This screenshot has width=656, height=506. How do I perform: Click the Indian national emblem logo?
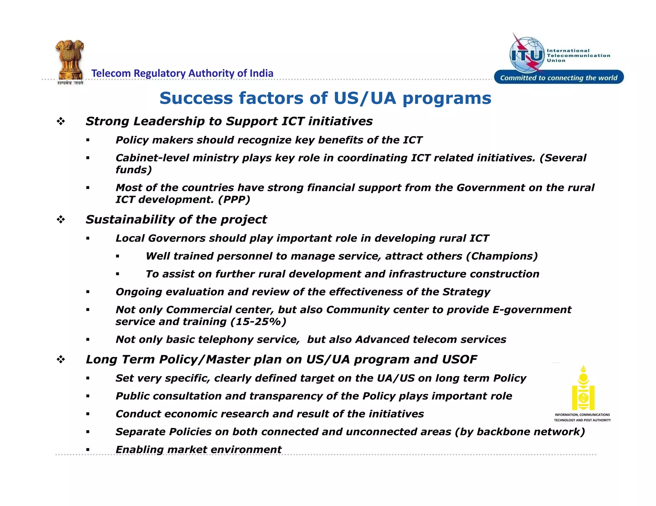pos(70,61)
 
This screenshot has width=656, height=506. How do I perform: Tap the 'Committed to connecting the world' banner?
pos(559,78)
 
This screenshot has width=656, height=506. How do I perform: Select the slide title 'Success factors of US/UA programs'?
pos(325,98)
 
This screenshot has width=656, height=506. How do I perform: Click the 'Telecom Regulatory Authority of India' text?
pos(182,73)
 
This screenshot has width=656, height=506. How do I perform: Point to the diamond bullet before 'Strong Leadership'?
pos(61,121)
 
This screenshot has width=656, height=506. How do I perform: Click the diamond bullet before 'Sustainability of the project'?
pos(61,219)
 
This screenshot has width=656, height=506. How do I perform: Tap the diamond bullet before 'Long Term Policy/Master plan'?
pos(61,360)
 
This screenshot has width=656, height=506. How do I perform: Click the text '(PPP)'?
pos(234,200)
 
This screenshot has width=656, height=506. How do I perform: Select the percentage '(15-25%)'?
pos(258,322)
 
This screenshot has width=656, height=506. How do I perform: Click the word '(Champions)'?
pos(502,256)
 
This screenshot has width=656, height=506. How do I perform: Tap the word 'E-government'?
pos(532,310)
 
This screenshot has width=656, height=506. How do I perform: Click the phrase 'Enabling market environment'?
pos(198,449)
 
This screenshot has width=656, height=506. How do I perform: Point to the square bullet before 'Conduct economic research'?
pos(88,414)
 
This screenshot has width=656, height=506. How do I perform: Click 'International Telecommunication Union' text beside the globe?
pos(578,55)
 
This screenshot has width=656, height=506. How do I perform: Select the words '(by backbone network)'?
pos(520,432)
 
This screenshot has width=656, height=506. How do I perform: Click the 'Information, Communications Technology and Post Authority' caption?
pos(582,417)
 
